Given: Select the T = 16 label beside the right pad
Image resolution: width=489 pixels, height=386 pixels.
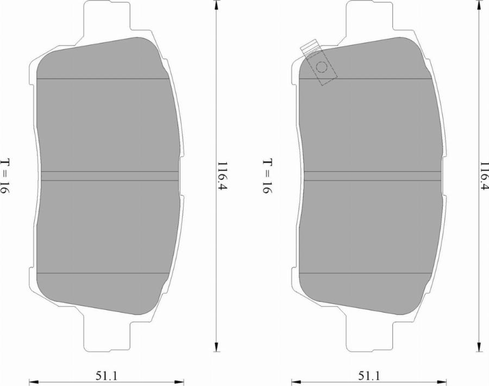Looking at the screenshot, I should pos(267,177).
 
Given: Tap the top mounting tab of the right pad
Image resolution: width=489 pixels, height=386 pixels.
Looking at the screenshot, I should pos(369,16).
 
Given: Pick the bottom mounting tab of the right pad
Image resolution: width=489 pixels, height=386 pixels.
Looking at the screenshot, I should pos(369,334).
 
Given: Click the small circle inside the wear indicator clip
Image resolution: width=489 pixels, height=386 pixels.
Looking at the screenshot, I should pos(322,67).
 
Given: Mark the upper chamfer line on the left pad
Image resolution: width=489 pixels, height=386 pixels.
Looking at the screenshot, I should pos(103,79).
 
